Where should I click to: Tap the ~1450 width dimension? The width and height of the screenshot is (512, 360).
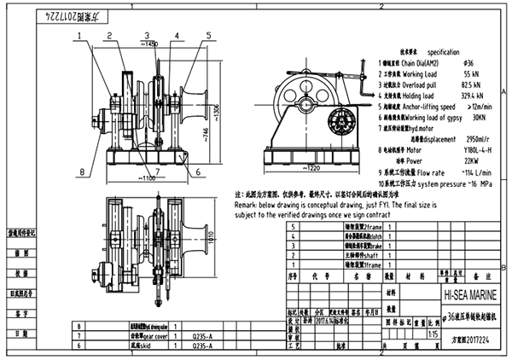tap(150, 43)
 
